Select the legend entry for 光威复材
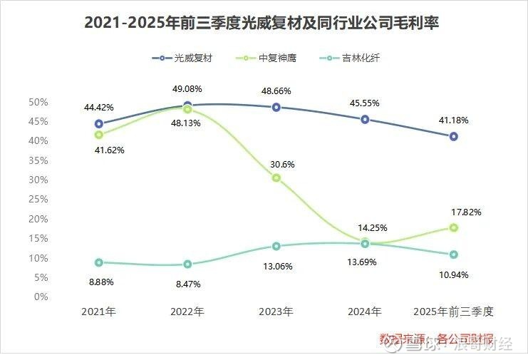pyautogui.click(x=183, y=58)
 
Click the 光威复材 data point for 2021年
pyautogui.click(x=99, y=124)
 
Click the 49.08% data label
pyautogui.click(x=187, y=89)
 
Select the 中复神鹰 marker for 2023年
pyautogui.click(x=276, y=178)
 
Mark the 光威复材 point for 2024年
pyautogui.click(x=365, y=119)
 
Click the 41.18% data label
pyautogui.click(x=453, y=120)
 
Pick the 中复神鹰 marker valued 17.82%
pyautogui.click(x=453, y=227)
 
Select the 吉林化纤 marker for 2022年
pyautogui.click(x=187, y=264)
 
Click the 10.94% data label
pyautogui.click(x=453, y=274)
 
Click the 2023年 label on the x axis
pyautogui.click(x=276, y=312)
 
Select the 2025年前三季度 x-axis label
pyautogui.click(x=453, y=312)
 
